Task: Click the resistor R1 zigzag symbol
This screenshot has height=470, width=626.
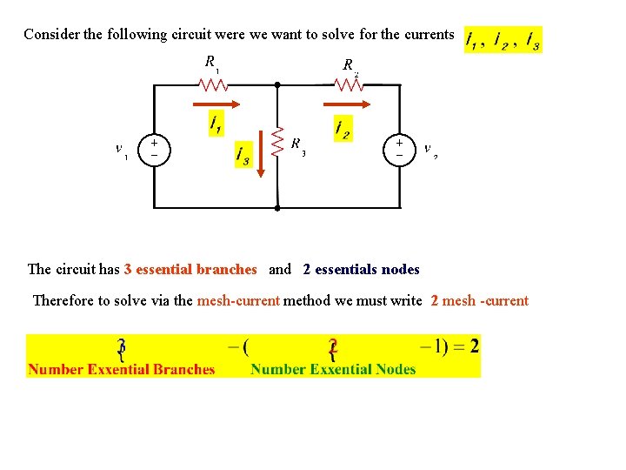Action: pyautogui.click(x=213, y=84)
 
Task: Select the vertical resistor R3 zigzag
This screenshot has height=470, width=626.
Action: pyautogui.click(x=277, y=143)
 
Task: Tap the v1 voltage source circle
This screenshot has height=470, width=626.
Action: pyautogui.click(x=154, y=147)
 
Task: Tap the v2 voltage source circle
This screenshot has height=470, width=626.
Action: pyautogui.click(x=399, y=147)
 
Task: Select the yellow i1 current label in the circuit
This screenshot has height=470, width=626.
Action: pyautogui.click(x=216, y=124)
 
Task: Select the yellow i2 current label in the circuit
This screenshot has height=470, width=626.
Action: pyautogui.click(x=343, y=129)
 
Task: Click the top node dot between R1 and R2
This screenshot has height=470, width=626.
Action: pyautogui.click(x=276, y=85)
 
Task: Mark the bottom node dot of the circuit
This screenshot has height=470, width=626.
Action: pyautogui.click(x=276, y=209)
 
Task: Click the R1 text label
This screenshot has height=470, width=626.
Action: pyautogui.click(x=211, y=63)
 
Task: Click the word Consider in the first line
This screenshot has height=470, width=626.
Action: pyautogui.click(x=50, y=35)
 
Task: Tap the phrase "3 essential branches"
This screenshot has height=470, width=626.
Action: pyautogui.click(x=190, y=270)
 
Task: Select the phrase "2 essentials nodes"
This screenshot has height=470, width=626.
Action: pyautogui.click(x=361, y=270)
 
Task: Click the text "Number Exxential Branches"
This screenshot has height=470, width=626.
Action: pyautogui.click(x=121, y=369)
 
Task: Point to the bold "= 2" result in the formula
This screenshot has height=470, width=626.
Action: pyautogui.click(x=463, y=346)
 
